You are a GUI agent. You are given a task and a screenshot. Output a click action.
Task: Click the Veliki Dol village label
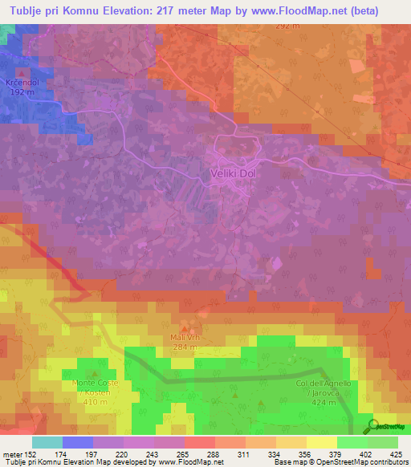click(x=238, y=174)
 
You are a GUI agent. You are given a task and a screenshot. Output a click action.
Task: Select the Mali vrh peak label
click(x=186, y=338)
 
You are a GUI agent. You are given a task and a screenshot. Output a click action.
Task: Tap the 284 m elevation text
click(x=186, y=347)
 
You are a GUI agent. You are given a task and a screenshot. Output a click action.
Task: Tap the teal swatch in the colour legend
click(x=47, y=442)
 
